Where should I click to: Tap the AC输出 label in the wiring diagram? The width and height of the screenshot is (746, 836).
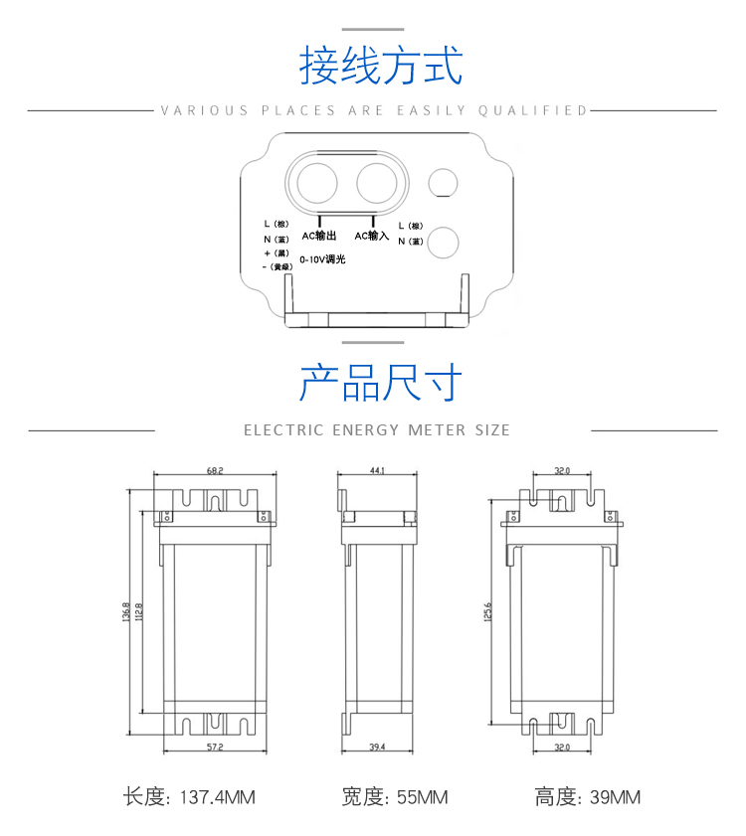pos(319,237)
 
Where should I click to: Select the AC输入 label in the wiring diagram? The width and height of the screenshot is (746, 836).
pos(372,237)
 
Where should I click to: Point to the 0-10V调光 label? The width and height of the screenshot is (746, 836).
pos(322,258)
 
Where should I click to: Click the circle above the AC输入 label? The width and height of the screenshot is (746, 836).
pos(376,183)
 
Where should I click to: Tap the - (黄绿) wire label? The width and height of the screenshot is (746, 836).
pos(278,266)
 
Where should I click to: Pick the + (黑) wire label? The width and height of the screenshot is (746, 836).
pos(277,252)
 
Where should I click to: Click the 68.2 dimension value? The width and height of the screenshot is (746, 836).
pos(215,471)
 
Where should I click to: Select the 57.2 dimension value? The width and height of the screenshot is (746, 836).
pos(215,746)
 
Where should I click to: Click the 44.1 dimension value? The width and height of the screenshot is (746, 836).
pos(377,471)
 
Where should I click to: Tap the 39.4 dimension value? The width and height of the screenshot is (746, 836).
pos(376,746)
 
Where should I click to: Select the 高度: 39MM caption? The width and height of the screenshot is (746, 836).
pos(588,797)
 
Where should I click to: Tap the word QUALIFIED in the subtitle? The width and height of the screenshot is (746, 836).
pos(533,110)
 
